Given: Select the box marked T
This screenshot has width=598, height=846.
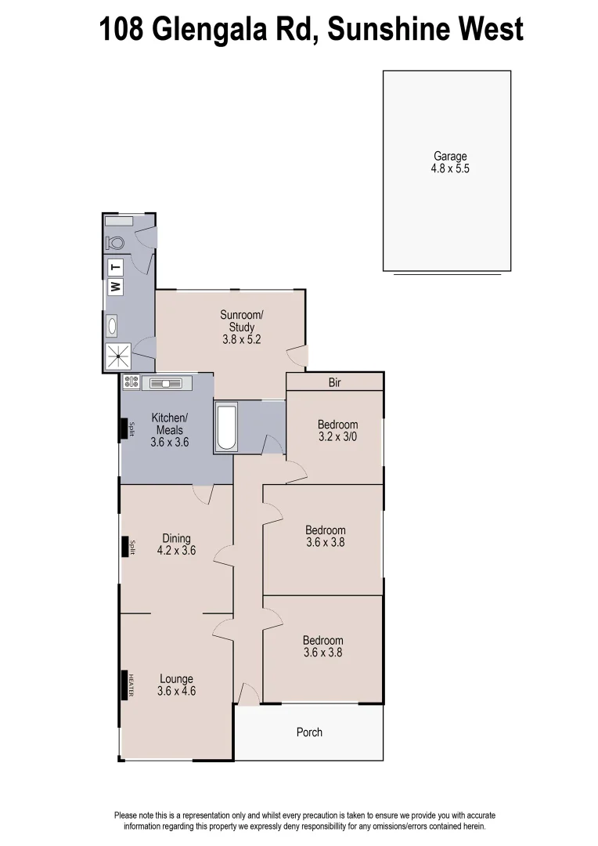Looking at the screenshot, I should (x=115, y=266).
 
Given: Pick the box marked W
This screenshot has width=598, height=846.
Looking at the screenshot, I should (x=115, y=287).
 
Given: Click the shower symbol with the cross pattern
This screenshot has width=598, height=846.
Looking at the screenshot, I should (x=118, y=358).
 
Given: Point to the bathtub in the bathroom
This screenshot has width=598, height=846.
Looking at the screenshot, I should (x=226, y=428).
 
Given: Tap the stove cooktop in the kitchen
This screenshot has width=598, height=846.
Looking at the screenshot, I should (x=131, y=382).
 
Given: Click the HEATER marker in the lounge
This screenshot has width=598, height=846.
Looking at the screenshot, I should (x=125, y=685).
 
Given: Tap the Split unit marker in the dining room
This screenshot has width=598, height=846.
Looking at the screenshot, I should (x=125, y=547).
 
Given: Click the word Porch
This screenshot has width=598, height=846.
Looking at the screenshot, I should (x=309, y=732).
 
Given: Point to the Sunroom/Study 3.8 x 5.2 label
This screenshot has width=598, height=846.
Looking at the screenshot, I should (x=241, y=327).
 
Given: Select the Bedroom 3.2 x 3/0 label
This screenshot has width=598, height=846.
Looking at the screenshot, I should (x=337, y=431).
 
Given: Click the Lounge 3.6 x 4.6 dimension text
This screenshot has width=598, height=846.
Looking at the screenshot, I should (x=175, y=692).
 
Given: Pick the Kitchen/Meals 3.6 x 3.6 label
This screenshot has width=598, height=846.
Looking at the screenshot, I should (x=169, y=430).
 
